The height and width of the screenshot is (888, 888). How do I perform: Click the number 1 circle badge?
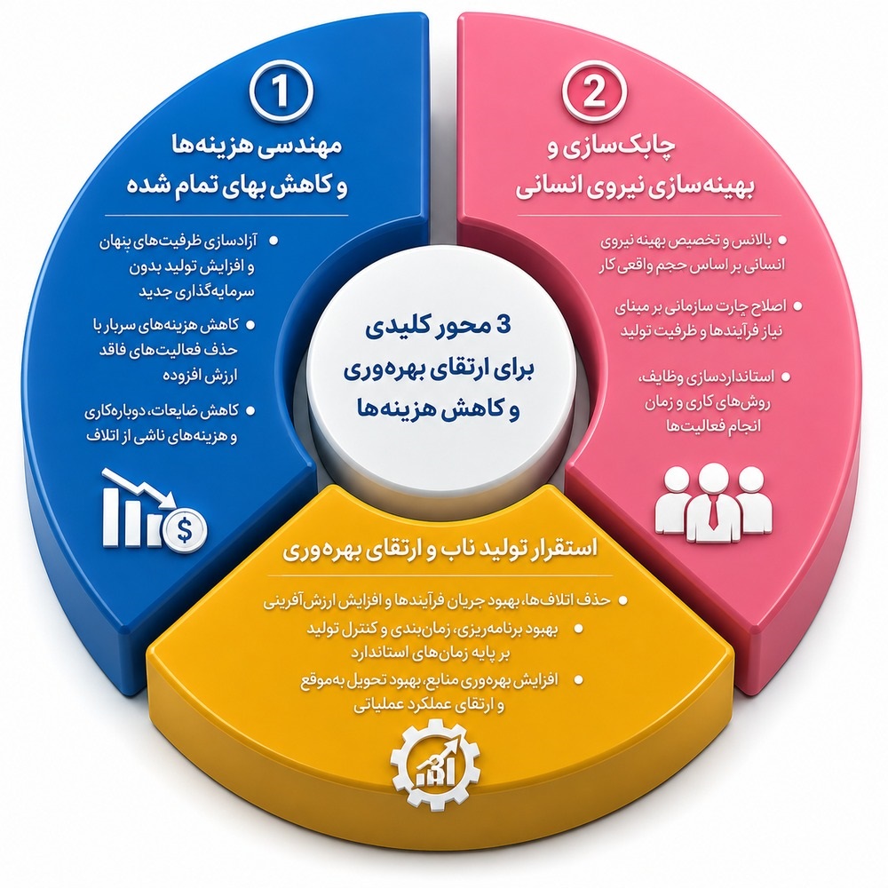[x=281, y=91]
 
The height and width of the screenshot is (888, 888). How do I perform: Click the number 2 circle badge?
[x=595, y=91]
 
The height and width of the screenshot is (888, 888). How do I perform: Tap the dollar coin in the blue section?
[x=185, y=528]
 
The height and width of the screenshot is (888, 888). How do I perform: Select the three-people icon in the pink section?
[x=714, y=501]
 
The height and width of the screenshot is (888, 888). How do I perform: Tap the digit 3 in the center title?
[x=503, y=325]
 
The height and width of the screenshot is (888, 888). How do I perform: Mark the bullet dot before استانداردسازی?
[x=785, y=376]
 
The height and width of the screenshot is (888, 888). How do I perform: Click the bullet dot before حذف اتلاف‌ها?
[x=623, y=599]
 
